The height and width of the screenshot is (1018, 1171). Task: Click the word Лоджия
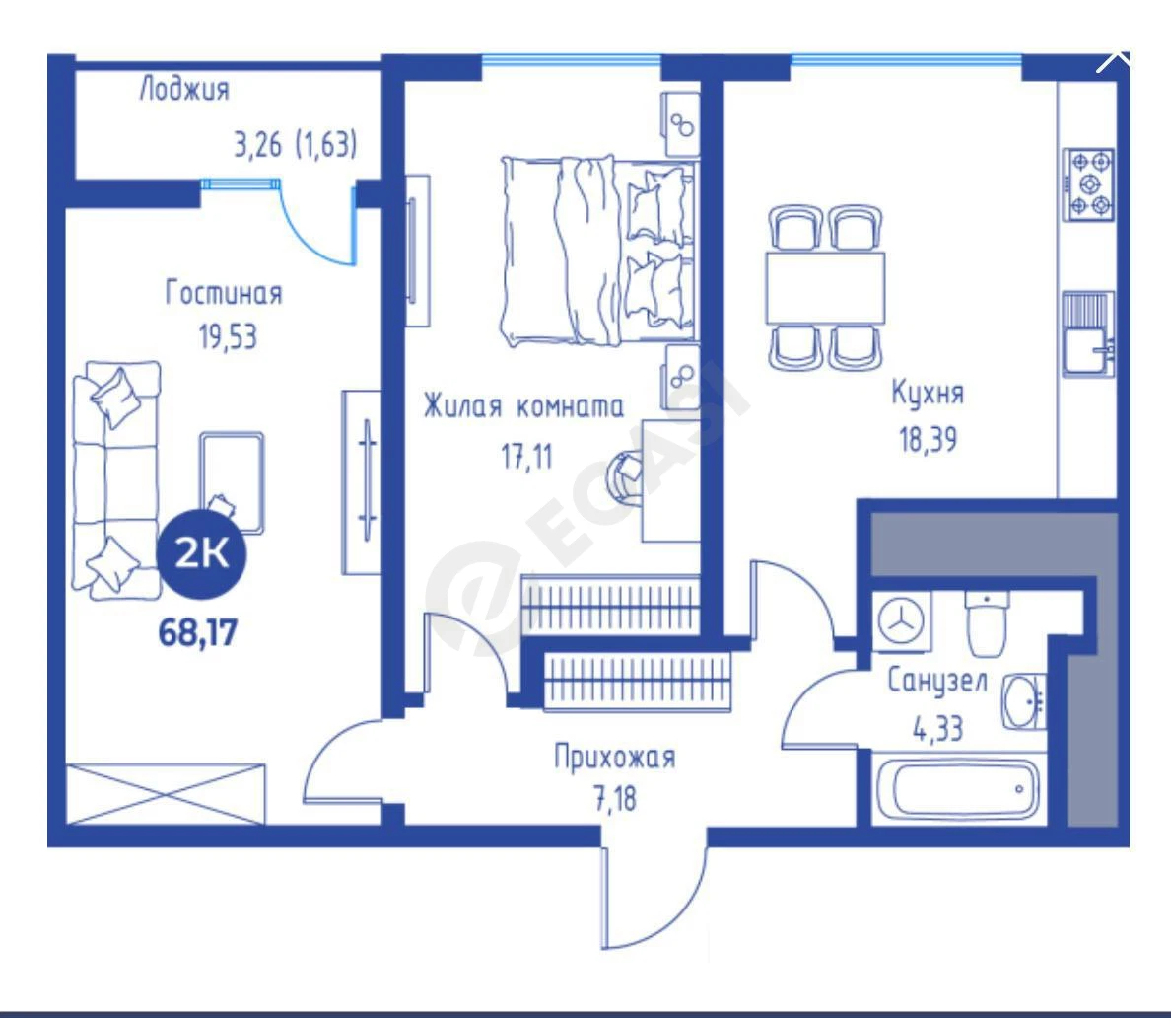pos(183,90)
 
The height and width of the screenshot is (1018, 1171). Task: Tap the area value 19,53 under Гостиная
pos(228,337)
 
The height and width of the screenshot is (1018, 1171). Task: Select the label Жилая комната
pos(523,407)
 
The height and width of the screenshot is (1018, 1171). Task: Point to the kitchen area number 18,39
pos(928,440)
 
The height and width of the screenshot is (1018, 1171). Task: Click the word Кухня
pos(928,394)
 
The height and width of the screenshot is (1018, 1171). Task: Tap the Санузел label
pos(937,681)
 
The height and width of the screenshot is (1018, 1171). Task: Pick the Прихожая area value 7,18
pos(615,799)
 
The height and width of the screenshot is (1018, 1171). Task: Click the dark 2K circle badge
pos(201,553)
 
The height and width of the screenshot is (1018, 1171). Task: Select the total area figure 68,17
pos(198,633)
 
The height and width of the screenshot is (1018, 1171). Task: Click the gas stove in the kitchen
pos(1089,183)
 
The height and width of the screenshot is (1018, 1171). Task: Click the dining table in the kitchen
pos(825,288)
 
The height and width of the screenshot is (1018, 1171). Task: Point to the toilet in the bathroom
pos(987,624)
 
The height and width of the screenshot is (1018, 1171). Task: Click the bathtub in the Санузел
pos(957,789)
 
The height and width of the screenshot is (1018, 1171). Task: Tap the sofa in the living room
pos(116,480)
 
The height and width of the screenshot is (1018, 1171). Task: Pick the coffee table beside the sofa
pos(231,482)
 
